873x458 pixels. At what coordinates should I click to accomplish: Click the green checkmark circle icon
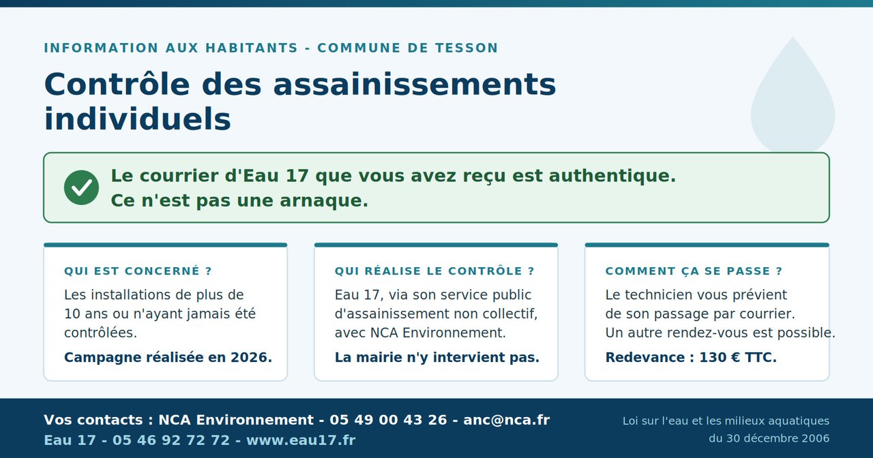coord(81,187)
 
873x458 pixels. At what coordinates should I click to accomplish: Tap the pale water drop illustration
coord(793,95)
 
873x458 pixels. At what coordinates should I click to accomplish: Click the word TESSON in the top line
coord(466,48)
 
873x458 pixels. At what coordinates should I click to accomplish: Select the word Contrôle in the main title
coord(117,84)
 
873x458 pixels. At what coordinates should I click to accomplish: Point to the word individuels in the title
coord(138,119)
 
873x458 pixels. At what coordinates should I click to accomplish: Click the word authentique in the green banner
coord(612,176)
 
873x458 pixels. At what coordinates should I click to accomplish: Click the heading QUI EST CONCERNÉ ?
coord(138,271)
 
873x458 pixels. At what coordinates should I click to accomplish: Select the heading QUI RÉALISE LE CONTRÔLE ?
coord(434,271)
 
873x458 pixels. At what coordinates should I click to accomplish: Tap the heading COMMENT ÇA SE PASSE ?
coord(694,271)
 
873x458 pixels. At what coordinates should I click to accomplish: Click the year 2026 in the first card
coord(251,357)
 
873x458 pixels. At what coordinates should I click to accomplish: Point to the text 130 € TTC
coord(738,357)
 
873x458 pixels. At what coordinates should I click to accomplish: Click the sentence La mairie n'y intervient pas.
coord(437,357)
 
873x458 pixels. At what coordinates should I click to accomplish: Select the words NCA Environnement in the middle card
coord(438,333)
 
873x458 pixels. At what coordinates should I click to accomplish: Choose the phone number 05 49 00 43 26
coord(388,420)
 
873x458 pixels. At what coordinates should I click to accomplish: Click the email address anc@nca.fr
coord(506,420)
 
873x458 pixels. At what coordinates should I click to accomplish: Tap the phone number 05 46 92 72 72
coord(171,440)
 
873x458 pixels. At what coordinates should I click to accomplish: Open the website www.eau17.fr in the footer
coord(301,440)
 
